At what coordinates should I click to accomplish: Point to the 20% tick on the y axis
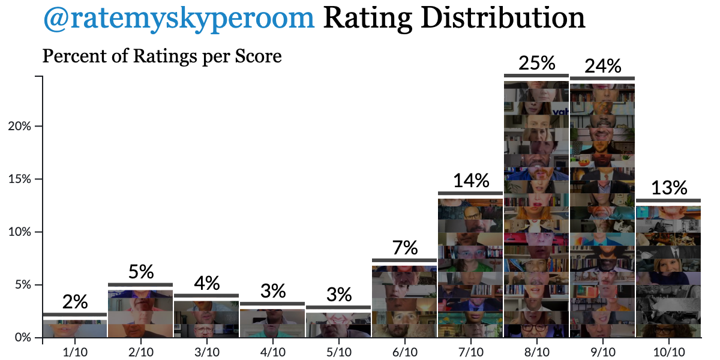click(28, 127)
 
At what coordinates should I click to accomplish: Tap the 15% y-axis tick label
click(28, 179)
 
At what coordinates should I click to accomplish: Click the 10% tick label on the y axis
click(28, 232)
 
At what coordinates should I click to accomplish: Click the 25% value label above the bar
click(536, 63)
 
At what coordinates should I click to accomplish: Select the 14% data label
click(471, 180)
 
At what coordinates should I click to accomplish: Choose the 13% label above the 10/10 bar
click(668, 188)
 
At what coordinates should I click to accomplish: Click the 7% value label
click(405, 247)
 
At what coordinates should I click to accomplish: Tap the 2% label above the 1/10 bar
click(75, 301)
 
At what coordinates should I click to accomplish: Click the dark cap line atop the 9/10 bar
click(602, 78)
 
